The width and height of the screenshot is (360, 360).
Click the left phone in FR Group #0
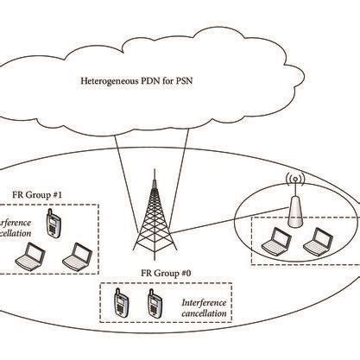click(x=120, y=304)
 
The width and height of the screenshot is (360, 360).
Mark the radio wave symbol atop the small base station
click(x=294, y=183)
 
